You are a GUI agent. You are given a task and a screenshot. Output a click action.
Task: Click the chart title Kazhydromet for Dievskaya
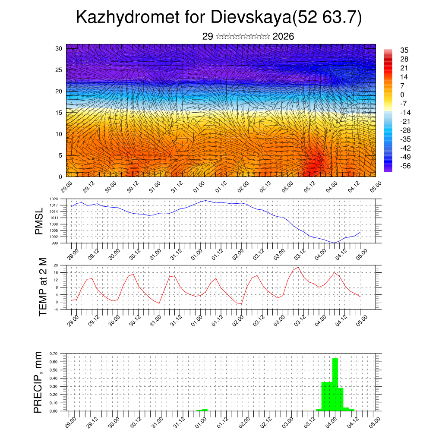pos(218,18)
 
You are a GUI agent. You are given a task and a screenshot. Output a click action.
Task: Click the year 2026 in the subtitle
pos(283,36)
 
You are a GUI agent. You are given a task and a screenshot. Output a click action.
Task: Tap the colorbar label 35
pos(404,50)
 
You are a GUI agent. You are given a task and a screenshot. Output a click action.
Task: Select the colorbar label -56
pos(406,165)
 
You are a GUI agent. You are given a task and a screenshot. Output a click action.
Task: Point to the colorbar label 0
pos(402,95)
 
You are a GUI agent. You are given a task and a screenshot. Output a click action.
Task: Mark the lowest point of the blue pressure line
pos(334,243)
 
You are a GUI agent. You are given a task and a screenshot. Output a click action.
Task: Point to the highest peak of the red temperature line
pos(298,267)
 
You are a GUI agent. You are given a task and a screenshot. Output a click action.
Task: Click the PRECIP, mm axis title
pos(38,382)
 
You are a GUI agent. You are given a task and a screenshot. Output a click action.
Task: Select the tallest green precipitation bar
pos(335,384)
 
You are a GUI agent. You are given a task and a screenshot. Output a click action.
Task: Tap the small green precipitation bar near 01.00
pos(205,410)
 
